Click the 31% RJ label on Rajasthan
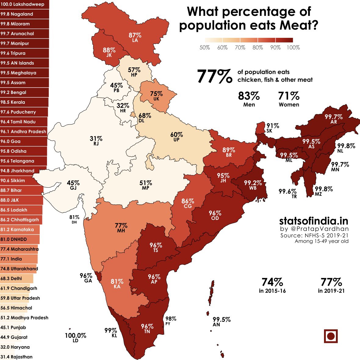coord(96,141)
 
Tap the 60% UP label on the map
coord(176,137)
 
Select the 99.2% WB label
coord(253,185)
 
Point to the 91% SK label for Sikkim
coord(272,128)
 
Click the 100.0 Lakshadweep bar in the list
coord(24,4)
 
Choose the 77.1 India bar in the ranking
coord(19,259)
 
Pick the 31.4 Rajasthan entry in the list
coord(16,357)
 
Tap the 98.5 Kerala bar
coord(24,102)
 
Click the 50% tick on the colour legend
coord(205,48)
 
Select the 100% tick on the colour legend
coord(293,48)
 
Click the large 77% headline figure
coord(214,76)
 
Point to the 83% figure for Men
coord(249,96)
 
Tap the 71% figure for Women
coord(289,96)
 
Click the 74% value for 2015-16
coord(272,282)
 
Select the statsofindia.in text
coord(314,221)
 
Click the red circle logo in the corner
coord(331,337)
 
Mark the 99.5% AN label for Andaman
coord(221,322)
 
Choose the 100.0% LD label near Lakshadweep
coord(75,337)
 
